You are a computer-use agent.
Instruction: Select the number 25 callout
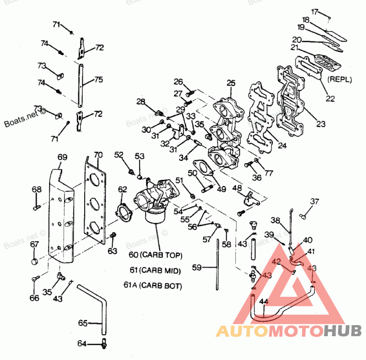(x=231, y=83)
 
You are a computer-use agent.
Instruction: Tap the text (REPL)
(x=339, y=79)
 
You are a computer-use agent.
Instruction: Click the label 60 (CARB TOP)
(x=156, y=255)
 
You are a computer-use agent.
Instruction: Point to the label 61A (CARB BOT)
(x=153, y=286)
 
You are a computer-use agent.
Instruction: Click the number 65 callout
(x=83, y=323)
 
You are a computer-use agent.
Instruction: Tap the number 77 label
(x=269, y=173)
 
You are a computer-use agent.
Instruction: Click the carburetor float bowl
(x=156, y=215)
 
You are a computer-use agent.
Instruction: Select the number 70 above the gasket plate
(x=98, y=155)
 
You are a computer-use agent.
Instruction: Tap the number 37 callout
(x=315, y=201)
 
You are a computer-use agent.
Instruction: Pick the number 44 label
(x=263, y=302)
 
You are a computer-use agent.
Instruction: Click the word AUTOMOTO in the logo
(x=269, y=330)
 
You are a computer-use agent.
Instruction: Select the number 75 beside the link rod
(x=98, y=80)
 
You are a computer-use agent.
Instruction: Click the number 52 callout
(x=119, y=155)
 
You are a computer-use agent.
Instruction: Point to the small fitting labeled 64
(x=105, y=343)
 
